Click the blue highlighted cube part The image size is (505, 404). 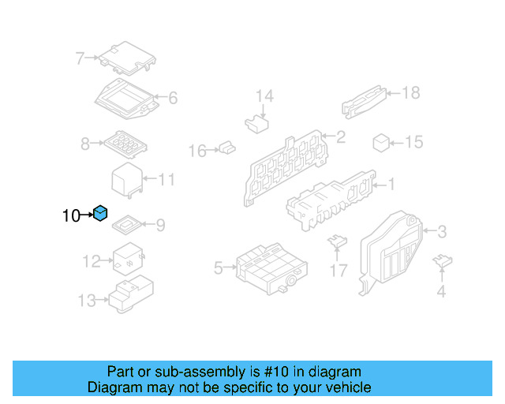pyautogui.click(x=100, y=213)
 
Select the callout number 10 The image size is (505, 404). pyautogui.click(x=71, y=215)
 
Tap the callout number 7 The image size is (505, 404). pyautogui.click(x=80, y=58)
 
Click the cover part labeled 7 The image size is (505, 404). pyautogui.click(x=127, y=58)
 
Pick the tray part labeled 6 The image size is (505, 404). pyautogui.click(x=126, y=99)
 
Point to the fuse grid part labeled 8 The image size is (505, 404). pyautogui.click(x=125, y=144)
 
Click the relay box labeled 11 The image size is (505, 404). pyautogui.click(x=127, y=180)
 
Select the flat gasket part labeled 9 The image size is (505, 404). pyautogui.click(x=126, y=225)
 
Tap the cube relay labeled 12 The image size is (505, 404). pyautogui.click(x=128, y=259)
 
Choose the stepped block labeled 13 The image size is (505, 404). pyautogui.click(x=131, y=294)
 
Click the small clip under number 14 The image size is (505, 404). pyautogui.click(x=256, y=124)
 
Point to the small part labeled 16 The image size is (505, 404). pyautogui.click(x=227, y=148)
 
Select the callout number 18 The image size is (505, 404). pyautogui.click(x=411, y=93)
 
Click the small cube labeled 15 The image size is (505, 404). pyautogui.click(x=381, y=143)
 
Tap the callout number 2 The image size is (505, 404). pyautogui.click(x=341, y=137)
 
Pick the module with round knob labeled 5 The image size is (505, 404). pyautogui.click(x=271, y=269)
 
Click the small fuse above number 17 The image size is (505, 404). pyautogui.click(x=337, y=241)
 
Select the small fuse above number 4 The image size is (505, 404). pyautogui.click(x=443, y=260)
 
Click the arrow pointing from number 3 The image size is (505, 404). pyautogui.click(x=429, y=230)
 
